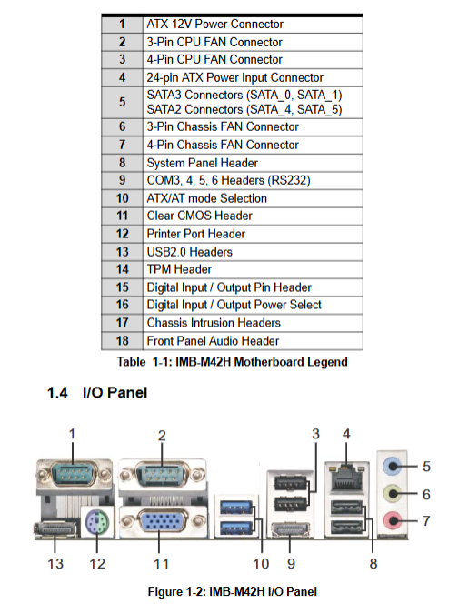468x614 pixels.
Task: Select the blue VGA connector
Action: click(162, 521)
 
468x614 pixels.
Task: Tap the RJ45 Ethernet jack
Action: click(346, 478)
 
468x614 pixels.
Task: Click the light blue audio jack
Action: click(392, 467)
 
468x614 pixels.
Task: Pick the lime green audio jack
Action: click(392, 494)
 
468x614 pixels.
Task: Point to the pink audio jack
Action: click(392, 521)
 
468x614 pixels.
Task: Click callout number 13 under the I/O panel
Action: click(55, 563)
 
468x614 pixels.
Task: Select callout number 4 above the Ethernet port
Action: click(346, 434)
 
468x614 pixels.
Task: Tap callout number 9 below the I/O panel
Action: click(291, 563)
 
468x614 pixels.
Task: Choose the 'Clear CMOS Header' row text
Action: click(200, 216)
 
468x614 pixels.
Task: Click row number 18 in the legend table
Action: click(122, 341)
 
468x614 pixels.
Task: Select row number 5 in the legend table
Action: click(122, 102)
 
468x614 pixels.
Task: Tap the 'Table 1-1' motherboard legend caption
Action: click(232, 361)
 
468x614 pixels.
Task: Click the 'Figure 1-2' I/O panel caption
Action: click(233, 591)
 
